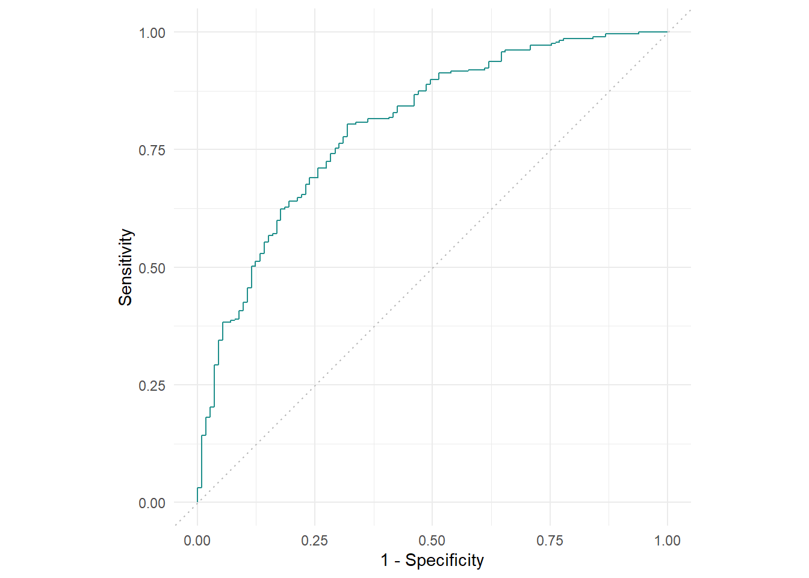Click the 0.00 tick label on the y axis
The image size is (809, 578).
(152, 503)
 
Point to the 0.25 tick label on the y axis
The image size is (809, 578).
(152, 385)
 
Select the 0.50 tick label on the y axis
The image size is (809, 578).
(152, 268)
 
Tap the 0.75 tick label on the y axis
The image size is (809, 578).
(152, 150)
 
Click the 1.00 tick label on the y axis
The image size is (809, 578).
(152, 33)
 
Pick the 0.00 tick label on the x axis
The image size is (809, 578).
(197, 540)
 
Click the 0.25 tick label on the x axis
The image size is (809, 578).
(315, 540)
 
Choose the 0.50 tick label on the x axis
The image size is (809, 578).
(432, 540)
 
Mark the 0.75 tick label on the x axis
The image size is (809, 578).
(550, 540)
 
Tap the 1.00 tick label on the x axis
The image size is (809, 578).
(668, 540)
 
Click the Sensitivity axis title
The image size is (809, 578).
(125, 267)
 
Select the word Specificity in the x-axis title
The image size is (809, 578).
(444, 561)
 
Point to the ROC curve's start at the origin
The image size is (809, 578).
(197, 502)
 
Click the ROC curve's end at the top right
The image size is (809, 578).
(667, 32)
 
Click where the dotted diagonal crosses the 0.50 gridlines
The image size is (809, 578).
(432, 267)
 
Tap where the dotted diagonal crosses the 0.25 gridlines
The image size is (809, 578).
(315, 385)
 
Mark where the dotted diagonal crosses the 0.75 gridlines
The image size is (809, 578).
(550, 149)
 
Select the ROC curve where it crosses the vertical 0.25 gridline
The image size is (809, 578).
(315, 178)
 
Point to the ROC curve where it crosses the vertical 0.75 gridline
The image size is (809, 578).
(550, 45)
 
